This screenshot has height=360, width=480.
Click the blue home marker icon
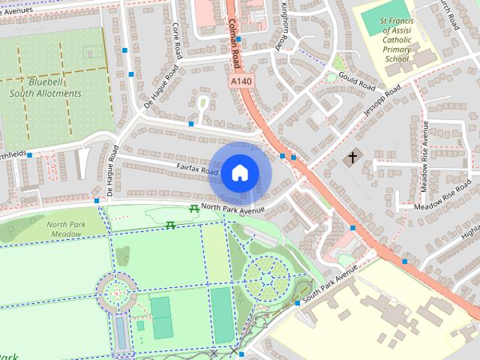tap(239, 173)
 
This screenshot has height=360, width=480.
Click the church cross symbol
tap(352, 157)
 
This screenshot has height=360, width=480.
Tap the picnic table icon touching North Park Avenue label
tap(195, 208)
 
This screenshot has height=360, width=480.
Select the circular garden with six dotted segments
tap(267, 277)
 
